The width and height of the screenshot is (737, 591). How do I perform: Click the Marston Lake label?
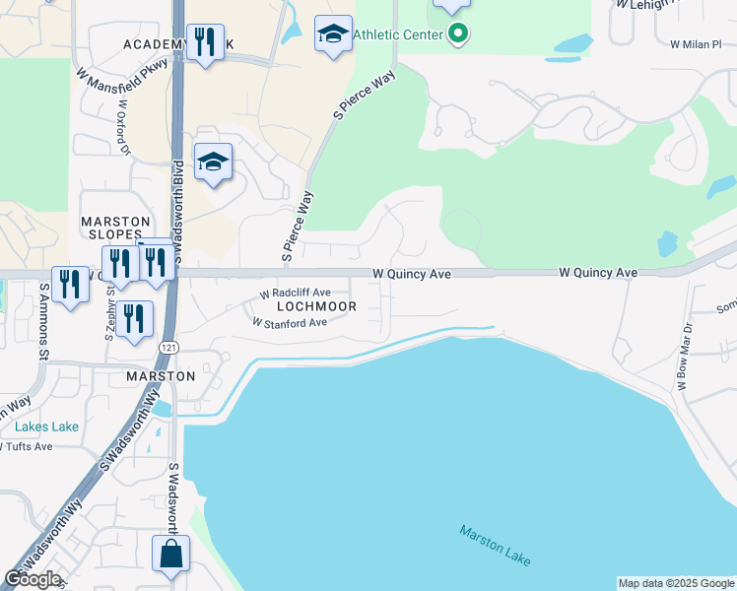(496, 545)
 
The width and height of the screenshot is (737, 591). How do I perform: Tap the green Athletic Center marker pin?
(457, 35)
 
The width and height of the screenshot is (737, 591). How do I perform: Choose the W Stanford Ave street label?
(289, 322)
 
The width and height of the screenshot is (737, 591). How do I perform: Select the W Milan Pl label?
(696, 44)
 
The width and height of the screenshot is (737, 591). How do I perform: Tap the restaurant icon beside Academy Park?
(205, 41)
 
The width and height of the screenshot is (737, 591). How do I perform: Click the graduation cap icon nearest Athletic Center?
(333, 34)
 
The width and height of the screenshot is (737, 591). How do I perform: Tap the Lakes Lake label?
(46, 427)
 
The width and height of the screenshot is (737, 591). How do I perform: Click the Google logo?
(33, 578)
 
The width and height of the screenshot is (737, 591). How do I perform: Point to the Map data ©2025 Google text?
(676, 583)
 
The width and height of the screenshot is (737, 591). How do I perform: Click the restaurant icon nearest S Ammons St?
(70, 285)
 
